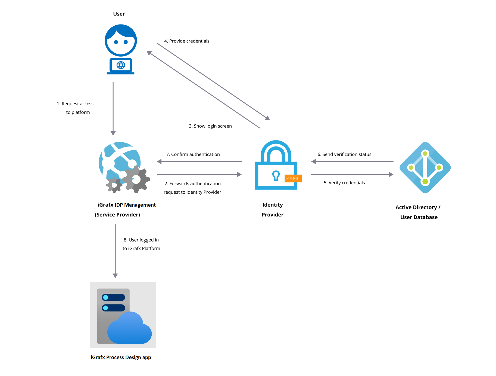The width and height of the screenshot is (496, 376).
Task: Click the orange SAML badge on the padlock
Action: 293,179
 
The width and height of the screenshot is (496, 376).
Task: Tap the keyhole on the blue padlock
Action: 276,175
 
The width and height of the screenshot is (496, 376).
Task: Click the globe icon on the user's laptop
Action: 121,65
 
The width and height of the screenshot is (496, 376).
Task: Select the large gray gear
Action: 136,179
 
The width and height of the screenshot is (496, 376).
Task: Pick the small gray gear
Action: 114,185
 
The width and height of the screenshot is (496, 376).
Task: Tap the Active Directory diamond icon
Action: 425,167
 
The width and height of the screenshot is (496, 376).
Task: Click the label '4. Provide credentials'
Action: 187,41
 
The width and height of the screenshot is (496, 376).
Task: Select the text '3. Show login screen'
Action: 210,126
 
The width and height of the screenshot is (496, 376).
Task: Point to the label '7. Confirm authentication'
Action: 193,154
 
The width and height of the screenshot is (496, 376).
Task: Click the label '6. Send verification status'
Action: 344,154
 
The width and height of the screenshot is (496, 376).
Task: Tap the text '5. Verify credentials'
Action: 344,183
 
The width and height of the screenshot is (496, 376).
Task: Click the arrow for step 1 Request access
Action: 113,109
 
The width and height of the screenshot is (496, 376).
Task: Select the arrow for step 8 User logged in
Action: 115,250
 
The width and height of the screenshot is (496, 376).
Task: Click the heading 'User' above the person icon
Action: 119,14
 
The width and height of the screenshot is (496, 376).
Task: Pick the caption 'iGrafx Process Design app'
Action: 121,357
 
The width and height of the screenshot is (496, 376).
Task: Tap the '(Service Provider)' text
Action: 117,215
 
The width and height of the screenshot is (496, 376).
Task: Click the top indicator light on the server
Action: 106,297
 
